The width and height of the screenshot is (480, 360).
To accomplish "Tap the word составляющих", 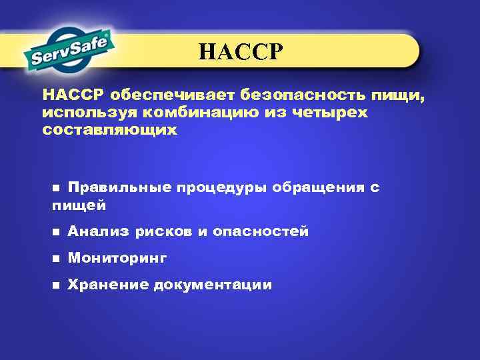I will click(109, 130).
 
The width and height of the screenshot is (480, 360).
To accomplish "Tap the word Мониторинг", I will click(117, 258).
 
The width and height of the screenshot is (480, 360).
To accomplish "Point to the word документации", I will click(213, 285).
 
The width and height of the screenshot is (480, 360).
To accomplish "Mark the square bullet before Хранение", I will click(55, 285).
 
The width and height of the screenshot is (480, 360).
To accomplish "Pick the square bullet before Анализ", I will click(55, 232).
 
